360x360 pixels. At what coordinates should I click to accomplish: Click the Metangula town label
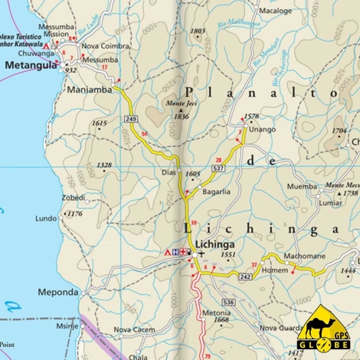pyautogui.click(x=31, y=67)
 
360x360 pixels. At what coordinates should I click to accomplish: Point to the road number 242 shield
pyautogui.click(x=245, y=276)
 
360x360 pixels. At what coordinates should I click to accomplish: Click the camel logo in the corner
pyautogui.click(x=326, y=328)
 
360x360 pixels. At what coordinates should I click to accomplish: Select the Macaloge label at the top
pyautogui.click(x=276, y=11)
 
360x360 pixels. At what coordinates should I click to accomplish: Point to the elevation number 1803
pyautogui.click(x=198, y=31)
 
